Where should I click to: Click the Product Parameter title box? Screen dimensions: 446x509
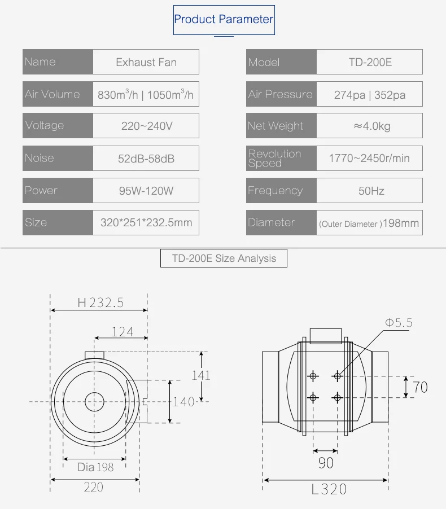224,20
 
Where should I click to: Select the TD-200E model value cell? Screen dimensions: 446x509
369,62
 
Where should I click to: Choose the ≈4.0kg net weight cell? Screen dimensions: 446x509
369,126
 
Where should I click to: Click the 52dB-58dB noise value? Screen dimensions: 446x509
146,158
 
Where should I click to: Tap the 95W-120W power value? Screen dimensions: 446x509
146,190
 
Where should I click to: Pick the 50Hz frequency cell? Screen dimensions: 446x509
369,190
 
